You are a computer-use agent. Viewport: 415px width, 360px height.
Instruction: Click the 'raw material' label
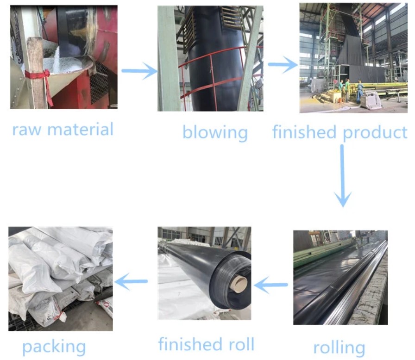(x=63, y=129)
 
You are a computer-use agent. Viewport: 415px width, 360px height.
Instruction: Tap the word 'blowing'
(x=215, y=132)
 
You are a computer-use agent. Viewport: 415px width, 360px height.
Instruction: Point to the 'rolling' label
(x=339, y=347)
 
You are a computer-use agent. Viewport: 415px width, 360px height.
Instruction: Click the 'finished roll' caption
(x=206, y=344)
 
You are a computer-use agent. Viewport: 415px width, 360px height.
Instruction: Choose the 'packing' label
(x=54, y=346)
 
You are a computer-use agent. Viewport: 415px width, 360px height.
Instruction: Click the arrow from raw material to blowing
(x=139, y=71)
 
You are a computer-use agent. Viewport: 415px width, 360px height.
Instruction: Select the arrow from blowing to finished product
(x=283, y=65)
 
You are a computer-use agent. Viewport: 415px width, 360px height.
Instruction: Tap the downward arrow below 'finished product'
(x=342, y=176)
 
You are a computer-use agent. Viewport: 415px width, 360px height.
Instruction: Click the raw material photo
(x=64, y=57)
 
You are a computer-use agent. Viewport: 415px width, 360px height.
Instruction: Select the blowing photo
(x=210, y=58)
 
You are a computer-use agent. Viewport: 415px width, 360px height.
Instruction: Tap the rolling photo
(x=340, y=277)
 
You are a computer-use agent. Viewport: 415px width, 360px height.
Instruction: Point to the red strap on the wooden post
(x=40, y=74)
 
